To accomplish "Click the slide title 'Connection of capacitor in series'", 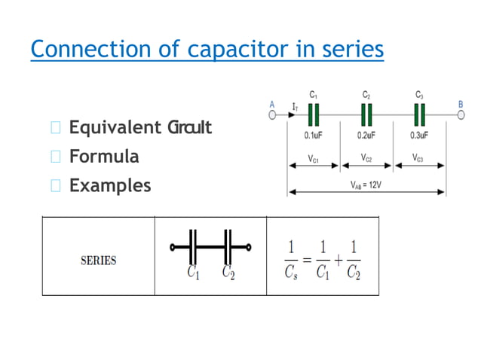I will click(207, 50).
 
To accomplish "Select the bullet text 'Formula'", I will click(104, 157).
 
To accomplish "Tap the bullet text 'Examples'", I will click(110, 185).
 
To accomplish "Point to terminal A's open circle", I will click(273, 114).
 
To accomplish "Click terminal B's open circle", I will click(461, 114).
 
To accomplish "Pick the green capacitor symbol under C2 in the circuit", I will click(366, 114).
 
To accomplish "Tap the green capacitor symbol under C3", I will click(419, 114).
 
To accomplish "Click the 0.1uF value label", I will click(314, 136).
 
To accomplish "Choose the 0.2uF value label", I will click(367, 136).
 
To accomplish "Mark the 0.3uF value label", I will click(419, 136).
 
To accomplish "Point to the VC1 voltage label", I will click(314, 158).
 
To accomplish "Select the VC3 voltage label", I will click(419, 158).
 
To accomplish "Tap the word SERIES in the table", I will click(98, 261).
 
